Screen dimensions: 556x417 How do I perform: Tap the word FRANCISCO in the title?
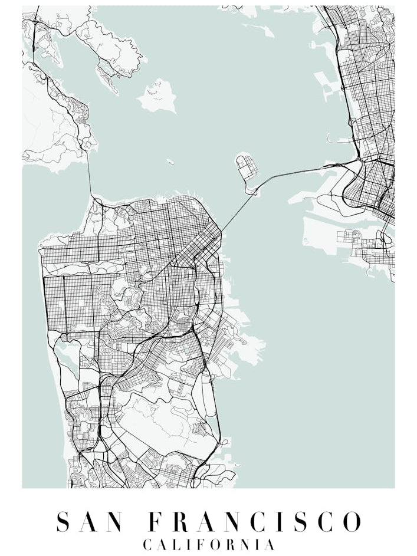coord(254,522)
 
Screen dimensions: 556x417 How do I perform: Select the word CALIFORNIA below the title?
coord(209,544)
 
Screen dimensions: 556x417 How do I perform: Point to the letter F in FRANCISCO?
coord(155,522)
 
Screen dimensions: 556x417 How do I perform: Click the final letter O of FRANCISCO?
coord(352,522)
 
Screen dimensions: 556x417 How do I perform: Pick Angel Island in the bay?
coord(158,96)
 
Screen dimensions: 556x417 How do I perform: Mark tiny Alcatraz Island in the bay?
coord(170,161)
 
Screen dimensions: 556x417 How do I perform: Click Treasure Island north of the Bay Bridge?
coord(245,168)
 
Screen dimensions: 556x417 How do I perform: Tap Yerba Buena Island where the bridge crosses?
coord(252,190)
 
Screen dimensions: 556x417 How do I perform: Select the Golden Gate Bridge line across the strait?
coord(90,177)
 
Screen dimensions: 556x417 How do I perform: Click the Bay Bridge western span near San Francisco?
coord(236,212)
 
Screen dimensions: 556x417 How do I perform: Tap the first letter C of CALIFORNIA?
coord(147,544)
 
